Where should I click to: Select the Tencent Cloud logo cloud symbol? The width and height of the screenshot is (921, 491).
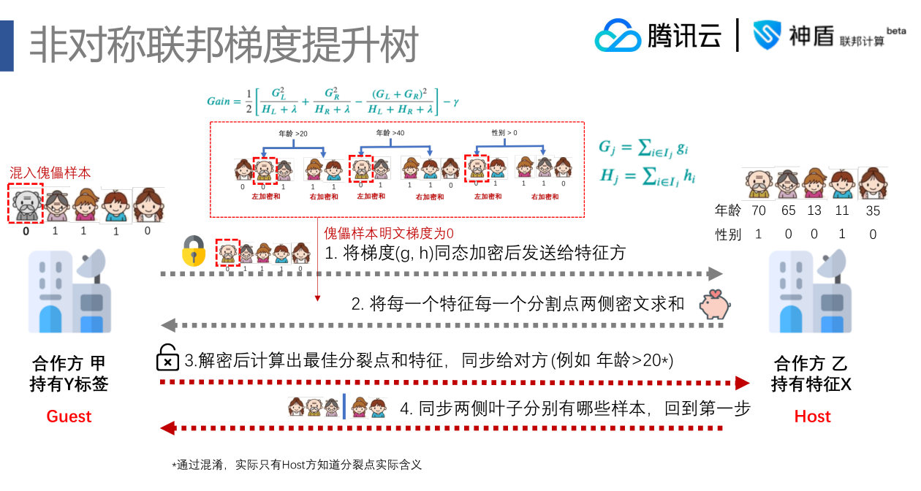617,35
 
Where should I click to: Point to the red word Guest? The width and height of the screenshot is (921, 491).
69,416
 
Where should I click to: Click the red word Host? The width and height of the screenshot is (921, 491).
812,416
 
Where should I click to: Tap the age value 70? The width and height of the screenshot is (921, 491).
759,211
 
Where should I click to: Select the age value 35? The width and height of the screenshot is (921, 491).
872,211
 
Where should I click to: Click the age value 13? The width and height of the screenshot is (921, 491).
814,211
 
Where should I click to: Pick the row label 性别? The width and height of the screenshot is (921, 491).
728,235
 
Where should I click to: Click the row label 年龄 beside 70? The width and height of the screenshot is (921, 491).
728,211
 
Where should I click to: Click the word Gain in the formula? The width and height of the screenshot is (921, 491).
219,102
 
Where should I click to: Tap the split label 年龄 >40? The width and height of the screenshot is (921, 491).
390,133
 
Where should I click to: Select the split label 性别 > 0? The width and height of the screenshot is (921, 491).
504,133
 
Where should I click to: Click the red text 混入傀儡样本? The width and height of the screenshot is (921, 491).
50,173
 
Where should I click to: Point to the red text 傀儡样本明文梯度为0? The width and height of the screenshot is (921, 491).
389,234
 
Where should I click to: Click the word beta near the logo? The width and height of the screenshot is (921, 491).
896,31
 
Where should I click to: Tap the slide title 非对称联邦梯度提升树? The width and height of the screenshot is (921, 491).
223,45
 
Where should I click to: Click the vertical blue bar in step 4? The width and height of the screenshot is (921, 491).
344,407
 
